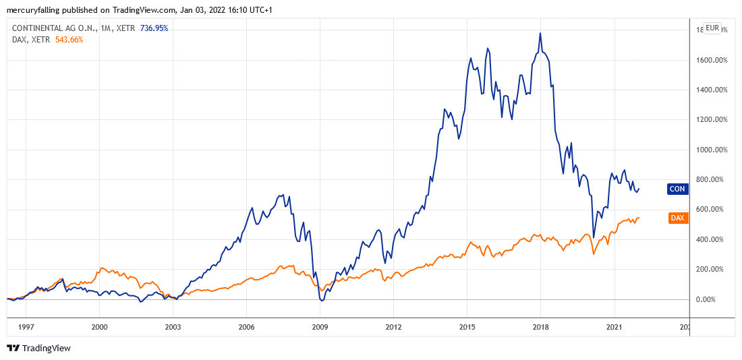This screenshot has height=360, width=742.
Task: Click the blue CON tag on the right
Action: pos(677,189)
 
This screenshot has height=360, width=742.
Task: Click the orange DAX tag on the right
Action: pos(677,218)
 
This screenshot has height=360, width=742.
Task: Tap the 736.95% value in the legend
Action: pos(154,28)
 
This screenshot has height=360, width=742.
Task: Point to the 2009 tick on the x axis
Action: pos(320,327)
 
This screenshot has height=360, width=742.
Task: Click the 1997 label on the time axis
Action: pos(26,327)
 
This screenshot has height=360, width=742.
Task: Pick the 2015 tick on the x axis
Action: pos(467,327)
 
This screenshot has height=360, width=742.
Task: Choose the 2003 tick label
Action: pos(173,327)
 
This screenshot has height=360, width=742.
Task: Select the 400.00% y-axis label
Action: pos(712,239)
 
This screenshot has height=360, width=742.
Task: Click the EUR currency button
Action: pos(712,28)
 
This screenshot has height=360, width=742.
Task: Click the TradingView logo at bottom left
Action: pos(38,348)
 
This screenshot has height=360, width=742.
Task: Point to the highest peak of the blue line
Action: pos(540,33)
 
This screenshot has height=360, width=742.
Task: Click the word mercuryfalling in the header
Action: pos(34,10)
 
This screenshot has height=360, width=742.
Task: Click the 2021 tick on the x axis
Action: pos(614,327)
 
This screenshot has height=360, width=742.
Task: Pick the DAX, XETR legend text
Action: pos(28,40)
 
